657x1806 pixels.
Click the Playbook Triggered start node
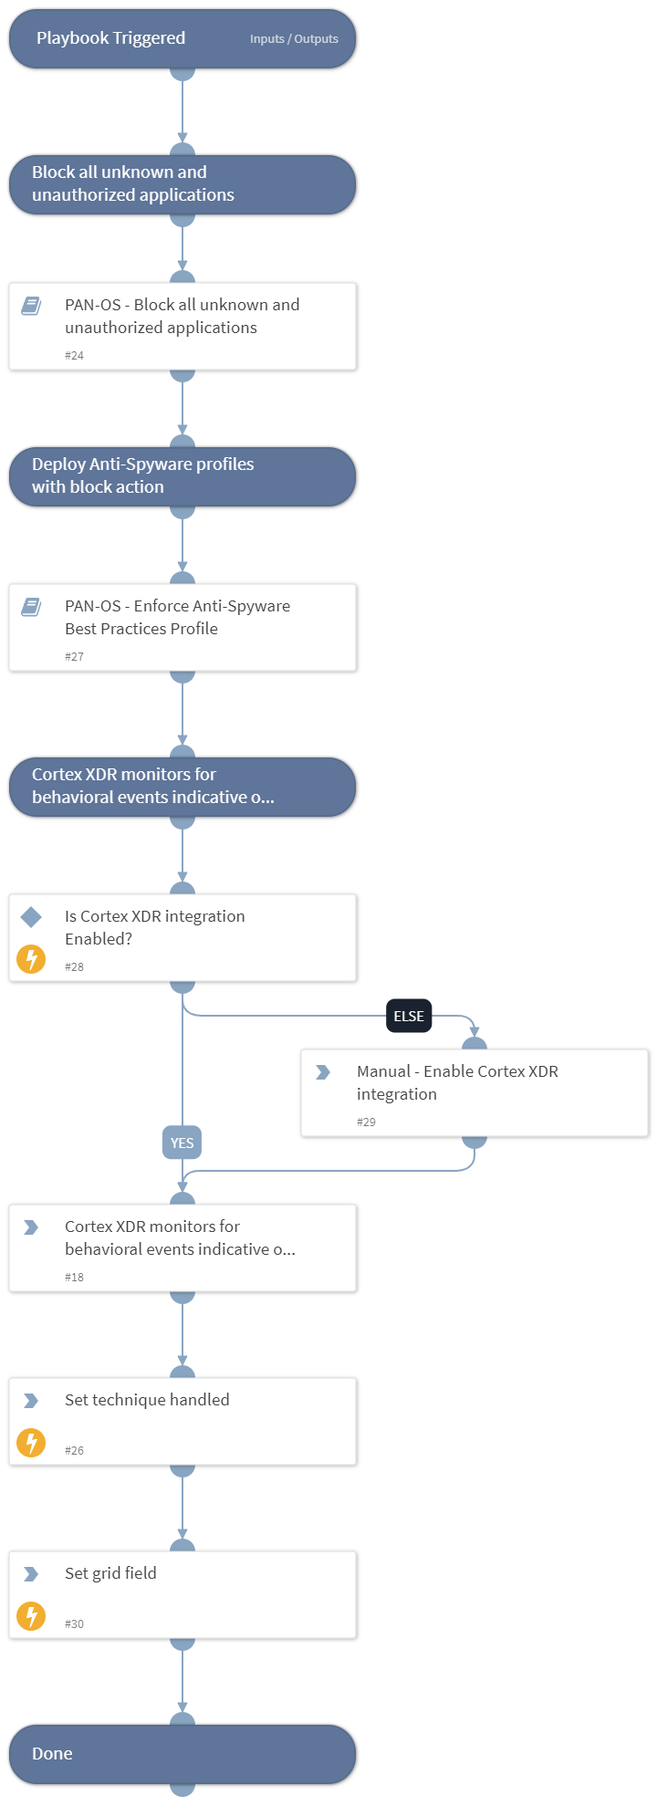tap(110, 38)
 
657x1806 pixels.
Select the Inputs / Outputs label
tap(294, 39)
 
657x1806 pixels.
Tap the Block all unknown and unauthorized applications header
tap(133, 183)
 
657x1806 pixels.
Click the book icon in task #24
tap(31, 306)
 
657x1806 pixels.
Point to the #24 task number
tap(74, 356)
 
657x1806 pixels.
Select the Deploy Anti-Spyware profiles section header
tap(143, 475)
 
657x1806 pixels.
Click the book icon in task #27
tap(31, 607)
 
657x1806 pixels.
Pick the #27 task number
tap(74, 657)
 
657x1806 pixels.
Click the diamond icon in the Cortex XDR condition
tap(31, 916)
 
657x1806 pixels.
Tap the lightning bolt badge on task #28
tap(31, 959)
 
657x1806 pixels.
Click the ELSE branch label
tap(409, 1016)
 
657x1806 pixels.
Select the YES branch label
tap(182, 1143)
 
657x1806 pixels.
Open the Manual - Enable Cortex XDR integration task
tap(457, 1082)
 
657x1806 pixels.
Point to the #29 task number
tap(366, 1122)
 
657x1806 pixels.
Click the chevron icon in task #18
tap(31, 1227)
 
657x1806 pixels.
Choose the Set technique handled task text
tap(147, 1400)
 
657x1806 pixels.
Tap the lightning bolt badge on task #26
tap(31, 1443)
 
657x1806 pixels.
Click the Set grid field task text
tap(110, 1573)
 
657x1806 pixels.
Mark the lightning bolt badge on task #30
tap(31, 1616)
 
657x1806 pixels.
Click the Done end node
tap(52, 1754)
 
